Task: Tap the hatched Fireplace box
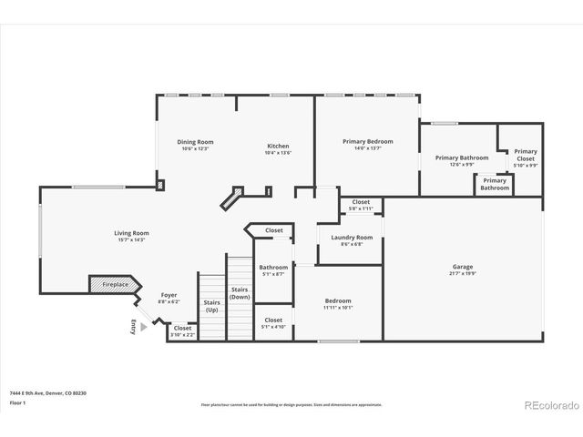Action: (x=112, y=285)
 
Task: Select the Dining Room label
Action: (x=194, y=142)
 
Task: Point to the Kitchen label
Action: (x=278, y=147)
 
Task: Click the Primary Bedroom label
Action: (x=367, y=142)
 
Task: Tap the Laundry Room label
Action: (x=351, y=238)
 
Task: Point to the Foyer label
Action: (x=169, y=295)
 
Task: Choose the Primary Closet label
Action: (x=526, y=155)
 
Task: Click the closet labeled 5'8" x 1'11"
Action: (x=361, y=205)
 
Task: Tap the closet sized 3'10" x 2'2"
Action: (x=182, y=331)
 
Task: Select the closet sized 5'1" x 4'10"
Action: (x=273, y=323)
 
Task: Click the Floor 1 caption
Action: (x=17, y=401)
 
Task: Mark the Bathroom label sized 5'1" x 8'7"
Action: (x=273, y=270)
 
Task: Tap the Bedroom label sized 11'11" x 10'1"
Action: (x=337, y=304)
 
